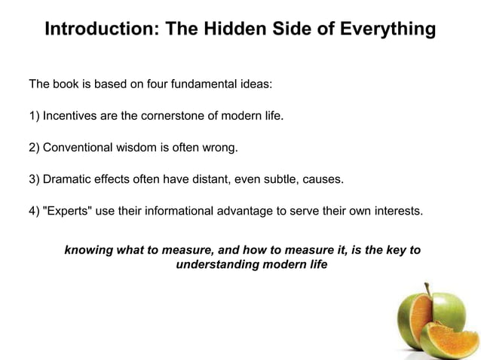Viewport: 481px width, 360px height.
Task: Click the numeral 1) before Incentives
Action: click(34, 116)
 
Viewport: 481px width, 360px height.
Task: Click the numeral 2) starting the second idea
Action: click(34, 148)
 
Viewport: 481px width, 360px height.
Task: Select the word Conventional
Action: click(77, 148)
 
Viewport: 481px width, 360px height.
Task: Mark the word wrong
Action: click(221, 148)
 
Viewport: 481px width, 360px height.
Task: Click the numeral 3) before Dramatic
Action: click(34, 179)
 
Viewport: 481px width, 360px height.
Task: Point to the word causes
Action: click(322, 179)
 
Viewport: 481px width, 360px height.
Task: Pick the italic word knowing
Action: click(88, 249)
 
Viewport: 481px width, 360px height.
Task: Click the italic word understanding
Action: click(217, 265)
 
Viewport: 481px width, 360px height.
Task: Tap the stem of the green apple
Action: click(427, 289)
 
